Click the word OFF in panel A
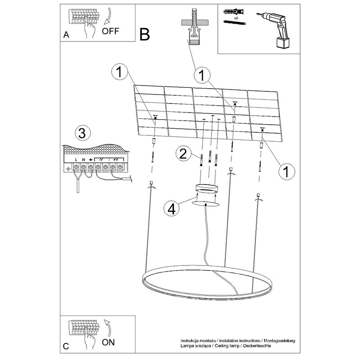coord(110,31)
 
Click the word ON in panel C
coord(108,342)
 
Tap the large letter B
coord(144,35)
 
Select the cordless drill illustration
coord(274,30)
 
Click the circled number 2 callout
coord(184,153)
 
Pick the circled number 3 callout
coord(83,133)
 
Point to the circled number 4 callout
coord(171,209)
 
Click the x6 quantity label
coord(236,18)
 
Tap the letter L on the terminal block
coord(76,160)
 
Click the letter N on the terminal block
coord(84,160)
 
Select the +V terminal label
coord(116,160)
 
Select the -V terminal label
coord(101,160)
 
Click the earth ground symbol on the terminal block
coord(91,160)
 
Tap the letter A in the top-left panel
coord(66,35)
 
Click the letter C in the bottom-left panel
coord(66,346)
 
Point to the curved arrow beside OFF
coord(108,16)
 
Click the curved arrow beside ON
coord(108,328)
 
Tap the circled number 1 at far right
coord(286,172)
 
